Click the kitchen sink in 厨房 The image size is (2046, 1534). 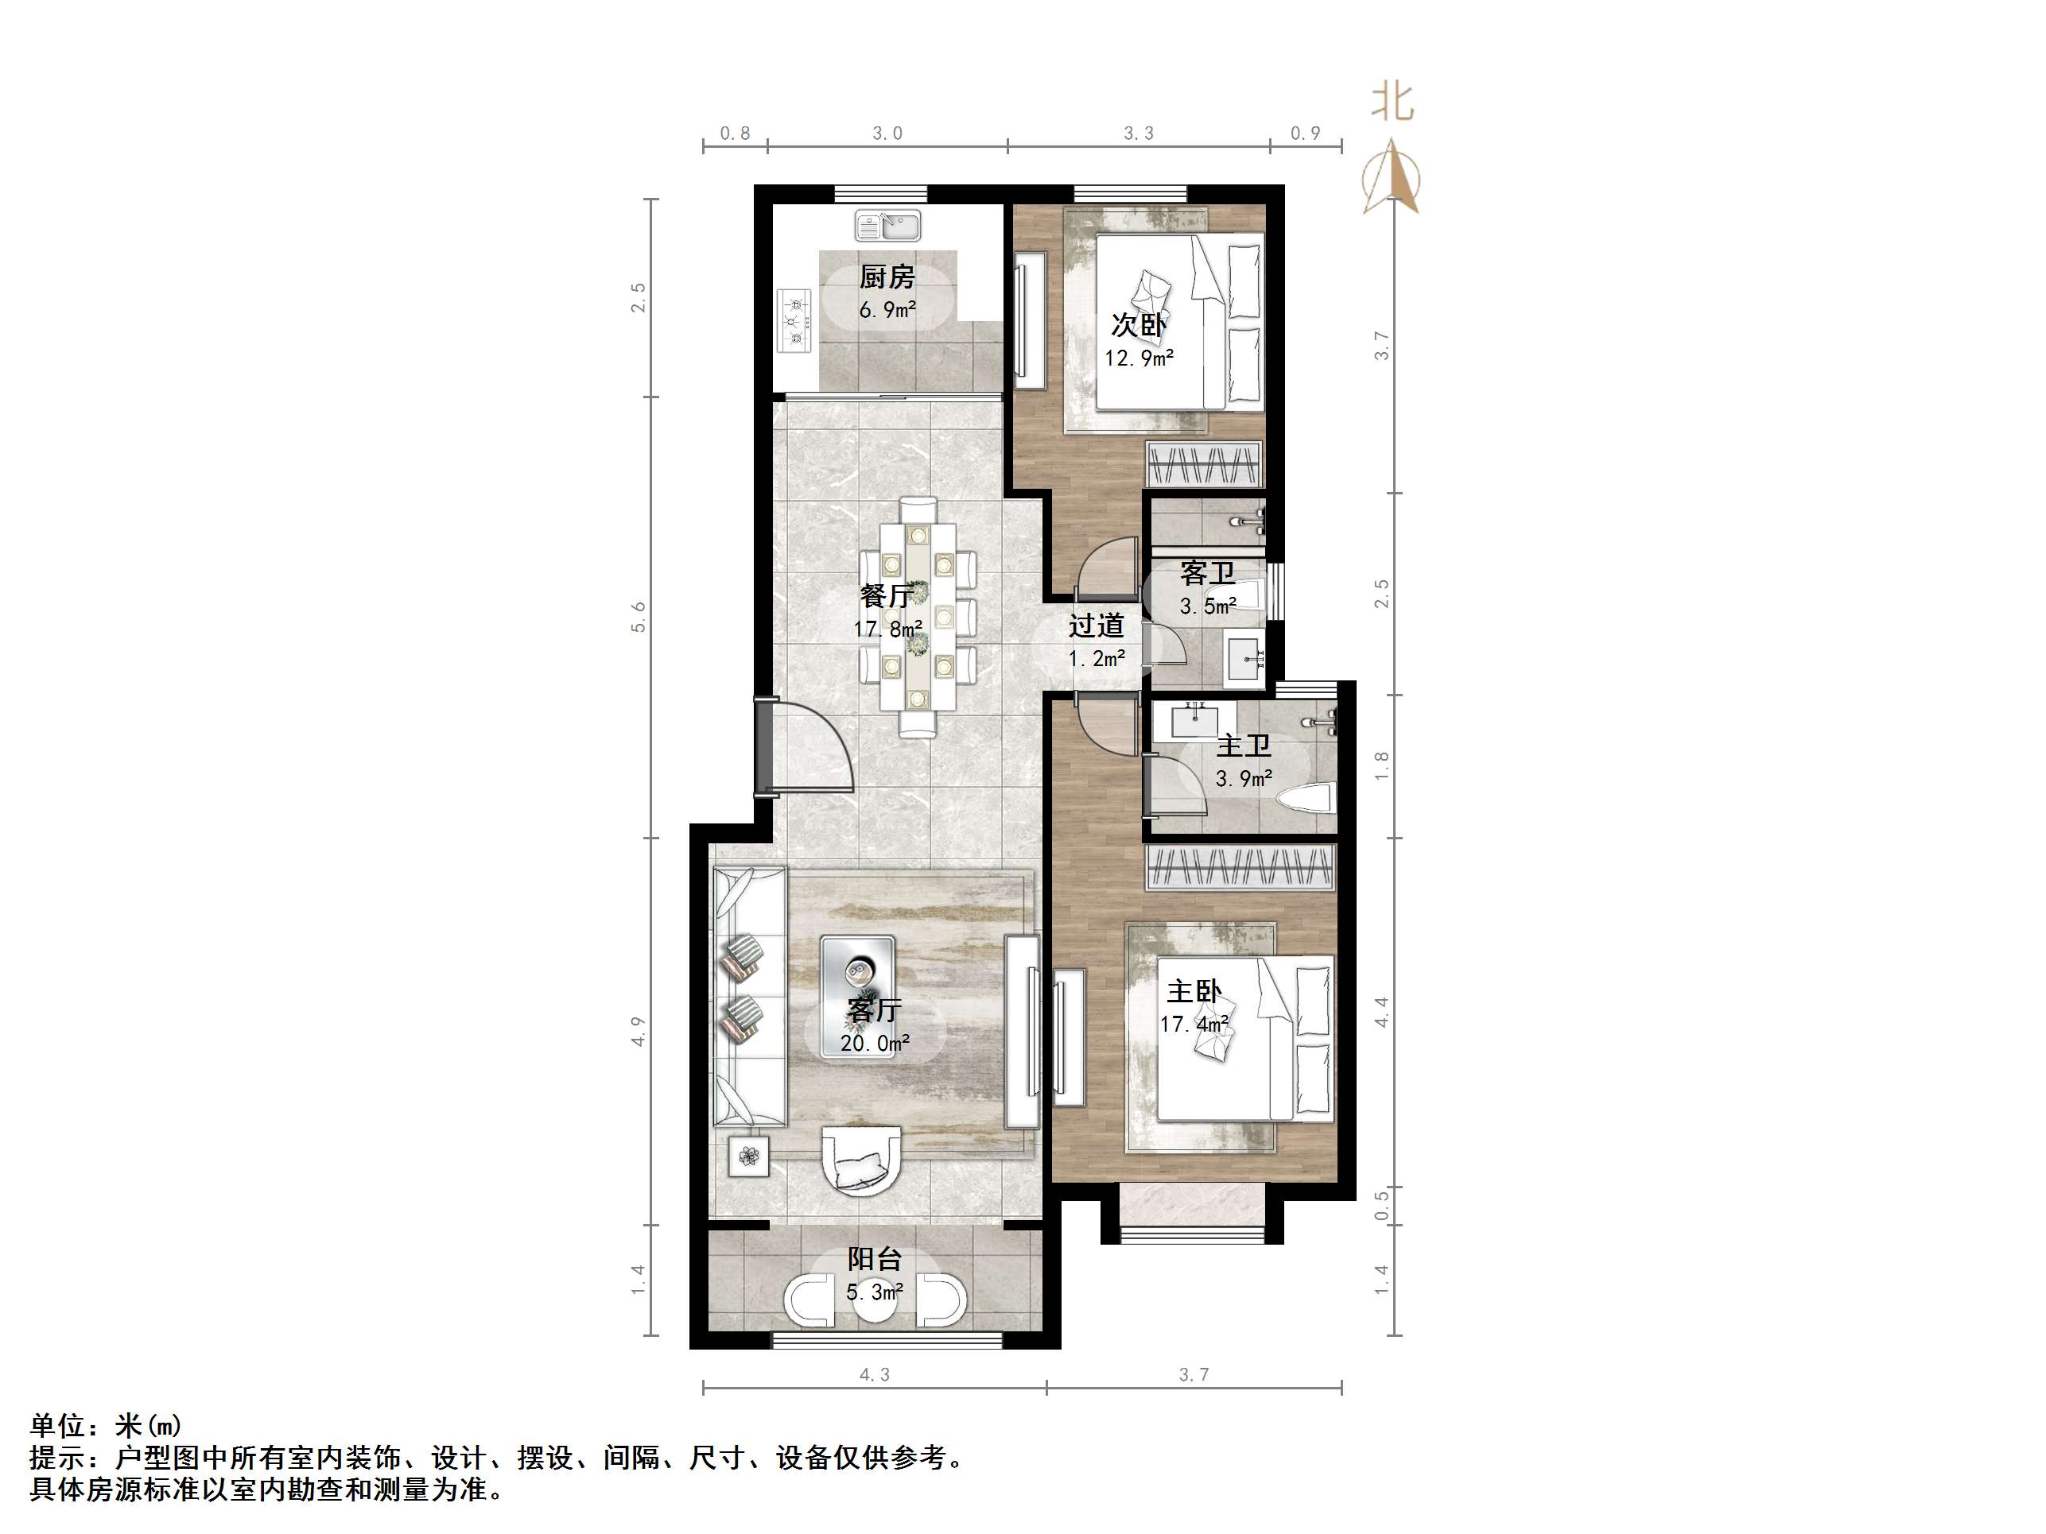coord(887,225)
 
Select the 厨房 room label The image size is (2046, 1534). coord(887,277)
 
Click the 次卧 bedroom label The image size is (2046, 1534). coord(1139,325)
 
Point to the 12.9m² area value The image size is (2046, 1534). coord(1139,358)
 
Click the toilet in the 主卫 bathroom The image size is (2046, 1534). coord(1305,796)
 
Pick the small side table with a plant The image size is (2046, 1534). coord(749,1156)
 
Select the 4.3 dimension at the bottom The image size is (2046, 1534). coord(874,1375)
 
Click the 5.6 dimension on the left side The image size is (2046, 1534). coord(639,617)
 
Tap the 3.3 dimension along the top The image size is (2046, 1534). coord(1139,134)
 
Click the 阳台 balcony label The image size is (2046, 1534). coord(874,1258)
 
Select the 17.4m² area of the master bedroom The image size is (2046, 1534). coord(1194,1024)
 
